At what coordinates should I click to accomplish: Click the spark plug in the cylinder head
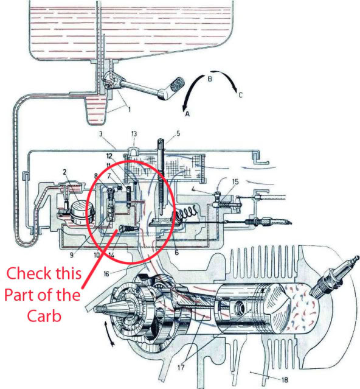333,277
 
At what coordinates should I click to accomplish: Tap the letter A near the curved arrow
187,114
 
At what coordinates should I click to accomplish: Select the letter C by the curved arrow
240,95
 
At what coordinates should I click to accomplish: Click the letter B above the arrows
210,79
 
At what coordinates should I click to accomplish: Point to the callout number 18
285,380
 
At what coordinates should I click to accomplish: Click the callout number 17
181,368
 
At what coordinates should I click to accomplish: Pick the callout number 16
106,274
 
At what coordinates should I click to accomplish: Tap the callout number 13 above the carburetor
134,134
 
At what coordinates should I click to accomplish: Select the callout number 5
178,134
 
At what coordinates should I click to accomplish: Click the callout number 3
101,134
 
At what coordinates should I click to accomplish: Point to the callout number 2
65,172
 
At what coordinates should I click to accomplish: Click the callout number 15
235,182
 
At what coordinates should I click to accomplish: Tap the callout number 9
72,255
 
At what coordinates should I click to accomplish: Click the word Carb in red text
44,316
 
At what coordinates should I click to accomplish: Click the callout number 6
176,252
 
